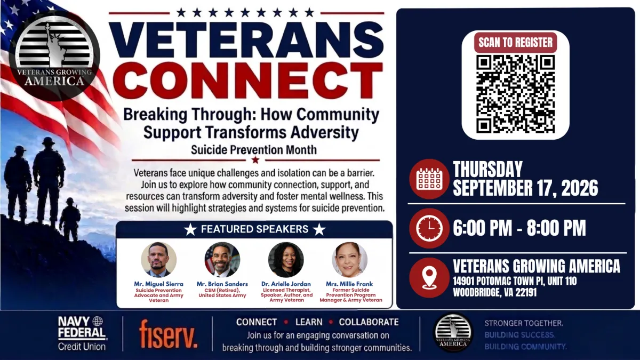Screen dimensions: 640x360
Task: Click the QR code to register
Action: click(515, 94)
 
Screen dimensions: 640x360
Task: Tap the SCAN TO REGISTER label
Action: click(515, 43)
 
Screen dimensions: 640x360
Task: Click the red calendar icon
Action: click(429, 179)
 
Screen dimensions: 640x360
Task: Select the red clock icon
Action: click(429, 228)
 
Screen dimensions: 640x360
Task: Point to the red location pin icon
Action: click(429, 278)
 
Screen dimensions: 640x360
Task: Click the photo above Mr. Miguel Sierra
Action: click(158, 260)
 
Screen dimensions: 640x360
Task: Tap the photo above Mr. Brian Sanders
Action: click(222, 260)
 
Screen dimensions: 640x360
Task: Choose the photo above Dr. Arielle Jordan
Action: click(286, 260)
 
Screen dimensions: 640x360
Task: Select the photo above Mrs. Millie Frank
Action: click(350, 260)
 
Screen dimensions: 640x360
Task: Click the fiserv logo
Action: click(169, 334)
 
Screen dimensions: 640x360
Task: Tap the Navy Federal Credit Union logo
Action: click(82, 333)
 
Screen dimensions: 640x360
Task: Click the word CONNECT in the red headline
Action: click(247, 81)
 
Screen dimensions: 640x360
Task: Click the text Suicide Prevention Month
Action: click(254, 150)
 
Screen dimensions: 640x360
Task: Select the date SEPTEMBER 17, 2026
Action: click(525, 188)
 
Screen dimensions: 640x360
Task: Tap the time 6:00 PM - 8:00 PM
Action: click(519, 228)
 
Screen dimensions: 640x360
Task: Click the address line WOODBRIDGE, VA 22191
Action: click(495, 292)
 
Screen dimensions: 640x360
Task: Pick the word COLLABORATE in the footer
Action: click(369, 322)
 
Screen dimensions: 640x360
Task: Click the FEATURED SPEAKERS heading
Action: click(254, 229)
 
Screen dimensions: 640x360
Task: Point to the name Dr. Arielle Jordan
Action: click(286, 284)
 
